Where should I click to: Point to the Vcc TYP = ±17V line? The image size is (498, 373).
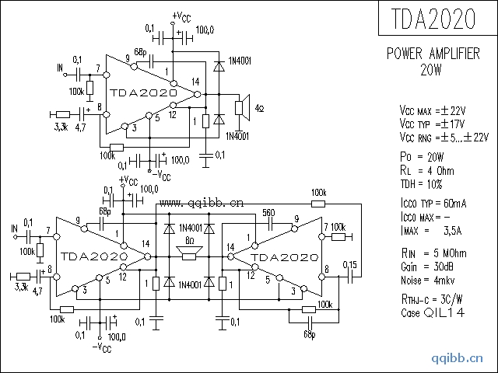(x=433, y=124)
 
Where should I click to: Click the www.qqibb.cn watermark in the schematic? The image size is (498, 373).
(x=201, y=204)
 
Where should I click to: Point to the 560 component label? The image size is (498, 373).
(x=268, y=212)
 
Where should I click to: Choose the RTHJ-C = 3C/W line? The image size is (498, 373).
(x=433, y=300)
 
